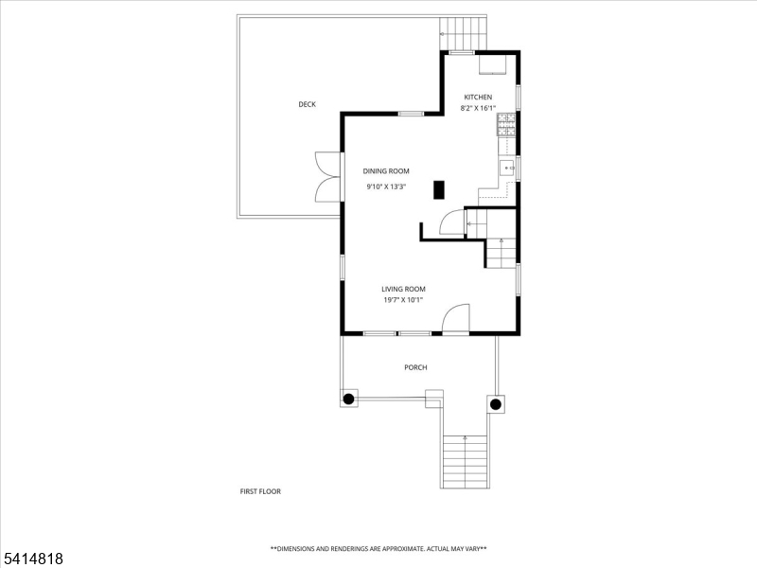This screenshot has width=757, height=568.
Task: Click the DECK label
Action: tap(307, 104)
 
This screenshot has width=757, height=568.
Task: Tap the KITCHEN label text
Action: tap(478, 98)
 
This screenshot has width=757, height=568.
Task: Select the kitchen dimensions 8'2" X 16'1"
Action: tap(478, 108)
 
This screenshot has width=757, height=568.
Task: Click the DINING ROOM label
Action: tap(386, 171)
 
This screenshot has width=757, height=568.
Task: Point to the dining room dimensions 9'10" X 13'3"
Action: tap(386, 186)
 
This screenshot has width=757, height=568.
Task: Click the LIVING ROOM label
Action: tap(404, 290)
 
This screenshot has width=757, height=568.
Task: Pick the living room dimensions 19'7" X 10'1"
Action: tap(404, 300)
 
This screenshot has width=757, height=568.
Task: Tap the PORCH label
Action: tap(415, 367)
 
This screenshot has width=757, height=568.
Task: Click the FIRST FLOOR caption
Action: tap(260, 491)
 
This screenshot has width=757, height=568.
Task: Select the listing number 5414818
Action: tap(32, 559)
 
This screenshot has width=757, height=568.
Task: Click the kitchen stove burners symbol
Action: tap(506, 125)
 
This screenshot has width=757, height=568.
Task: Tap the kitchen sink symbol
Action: tap(507, 169)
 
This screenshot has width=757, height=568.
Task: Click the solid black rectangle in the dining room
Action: tap(439, 189)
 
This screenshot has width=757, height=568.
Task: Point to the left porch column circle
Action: tap(348, 399)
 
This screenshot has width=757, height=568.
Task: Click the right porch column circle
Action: tap(495, 404)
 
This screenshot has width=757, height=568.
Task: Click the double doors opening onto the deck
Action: tap(327, 177)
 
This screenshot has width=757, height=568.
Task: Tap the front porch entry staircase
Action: tap(465, 462)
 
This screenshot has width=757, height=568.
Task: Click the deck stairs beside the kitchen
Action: tap(463, 33)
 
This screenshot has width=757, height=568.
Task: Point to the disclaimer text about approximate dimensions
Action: tap(378, 549)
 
